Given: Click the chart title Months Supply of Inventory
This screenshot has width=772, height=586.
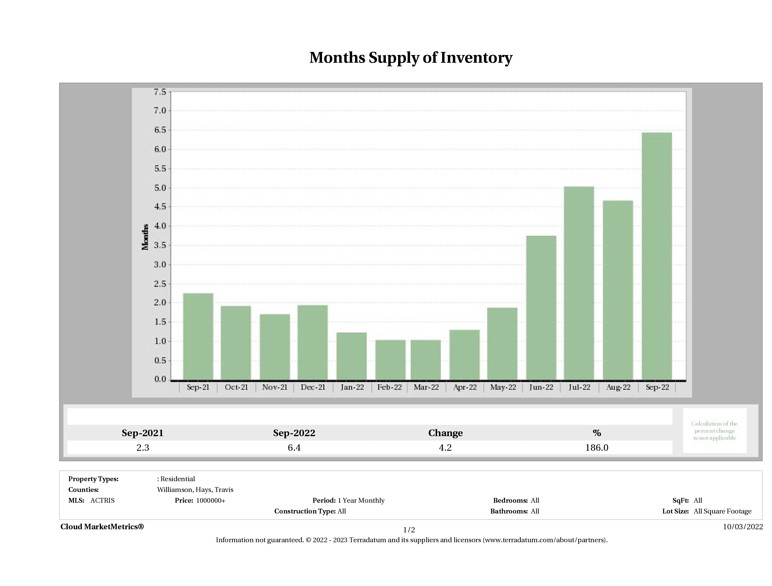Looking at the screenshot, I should (x=411, y=58).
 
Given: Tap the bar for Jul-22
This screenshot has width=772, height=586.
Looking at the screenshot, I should (x=579, y=283).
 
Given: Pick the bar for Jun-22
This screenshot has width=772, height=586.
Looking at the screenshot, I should (x=541, y=307).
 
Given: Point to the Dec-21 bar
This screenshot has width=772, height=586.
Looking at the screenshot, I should (x=312, y=342).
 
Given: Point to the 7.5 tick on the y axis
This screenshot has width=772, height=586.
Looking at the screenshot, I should (x=160, y=92).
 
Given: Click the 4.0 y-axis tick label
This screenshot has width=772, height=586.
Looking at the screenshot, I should (x=160, y=226).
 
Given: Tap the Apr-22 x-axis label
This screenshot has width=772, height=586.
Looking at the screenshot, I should (x=465, y=387).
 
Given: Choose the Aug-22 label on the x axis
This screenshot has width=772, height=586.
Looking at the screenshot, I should (x=618, y=387).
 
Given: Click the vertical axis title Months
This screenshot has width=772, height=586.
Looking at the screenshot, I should (x=145, y=237).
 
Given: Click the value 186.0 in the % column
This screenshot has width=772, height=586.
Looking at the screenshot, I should (x=596, y=448).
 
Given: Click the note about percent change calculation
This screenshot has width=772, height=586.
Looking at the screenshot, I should (x=714, y=431).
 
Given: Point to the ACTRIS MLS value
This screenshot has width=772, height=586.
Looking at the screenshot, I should (x=102, y=501).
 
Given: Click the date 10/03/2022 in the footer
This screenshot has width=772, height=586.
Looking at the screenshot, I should (x=743, y=527).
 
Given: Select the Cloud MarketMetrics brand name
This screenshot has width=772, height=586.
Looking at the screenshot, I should (x=102, y=527).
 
